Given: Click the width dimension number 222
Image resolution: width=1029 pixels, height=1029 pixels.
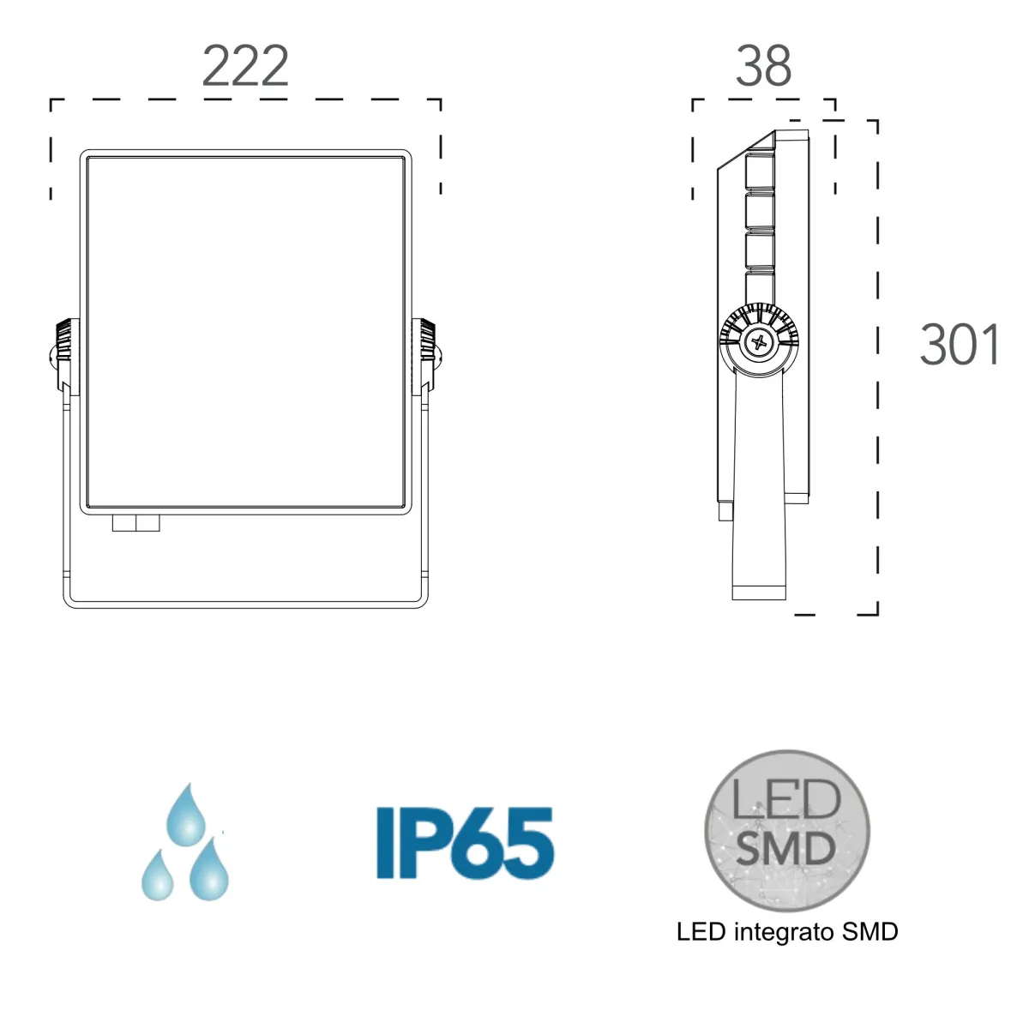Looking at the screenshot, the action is (245, 66).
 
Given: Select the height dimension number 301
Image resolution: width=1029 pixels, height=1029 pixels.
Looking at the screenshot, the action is (959, 345).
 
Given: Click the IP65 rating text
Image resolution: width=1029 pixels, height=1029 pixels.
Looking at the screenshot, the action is (465, 842).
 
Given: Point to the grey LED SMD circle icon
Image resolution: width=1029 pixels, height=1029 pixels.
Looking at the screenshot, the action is (787, 831).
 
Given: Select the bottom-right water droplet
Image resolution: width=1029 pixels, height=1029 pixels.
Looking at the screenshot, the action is (209, 870).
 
